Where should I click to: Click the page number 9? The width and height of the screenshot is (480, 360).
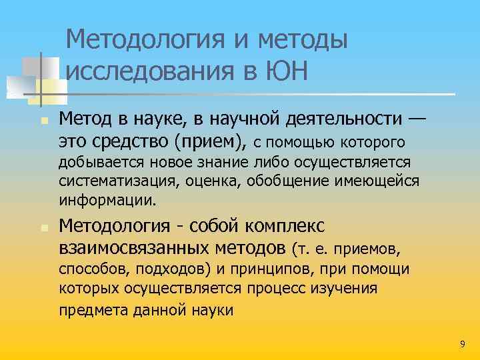coord(463,343)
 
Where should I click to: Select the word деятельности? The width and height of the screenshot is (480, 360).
coord(355,119)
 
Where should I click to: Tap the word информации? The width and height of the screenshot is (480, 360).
coord(107,199)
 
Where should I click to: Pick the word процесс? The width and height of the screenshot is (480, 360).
coord(283,288)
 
